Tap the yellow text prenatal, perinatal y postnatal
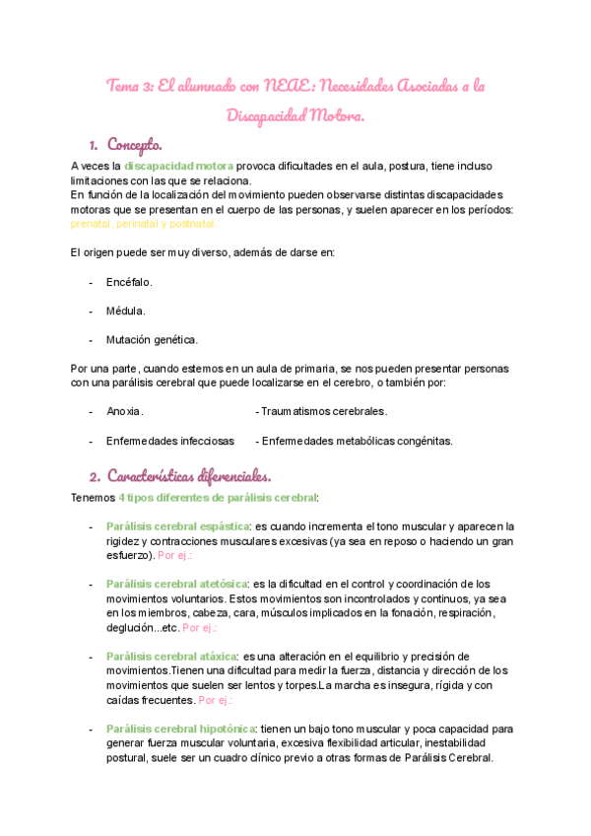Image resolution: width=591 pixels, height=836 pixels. pyautogui.click(x=143, y=224)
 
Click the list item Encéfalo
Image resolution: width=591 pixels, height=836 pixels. pyautogui.click(x=129, y=282)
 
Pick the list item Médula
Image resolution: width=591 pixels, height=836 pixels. pyautogui.click(x=126, y=311)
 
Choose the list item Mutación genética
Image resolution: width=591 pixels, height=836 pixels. pyautogui.click(x=152, y=339)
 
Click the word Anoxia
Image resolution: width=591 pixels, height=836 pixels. pyautogui.click(x=124, y=411)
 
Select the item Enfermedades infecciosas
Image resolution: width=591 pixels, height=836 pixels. pyautogui.click(x=169, y=441)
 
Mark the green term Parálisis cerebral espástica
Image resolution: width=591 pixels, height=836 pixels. pyautogui.click(x=178, y=526)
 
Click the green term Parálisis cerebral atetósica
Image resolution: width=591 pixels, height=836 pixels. pyautogui.click(x=176, y=584)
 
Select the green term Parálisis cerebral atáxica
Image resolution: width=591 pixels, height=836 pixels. pyautogui.click(x=171, y=656)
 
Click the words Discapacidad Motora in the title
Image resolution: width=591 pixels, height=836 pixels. pyautogui.click(x=295, y=116)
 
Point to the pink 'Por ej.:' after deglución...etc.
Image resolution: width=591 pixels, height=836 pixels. pyautogui.click(x=200, y=627)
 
